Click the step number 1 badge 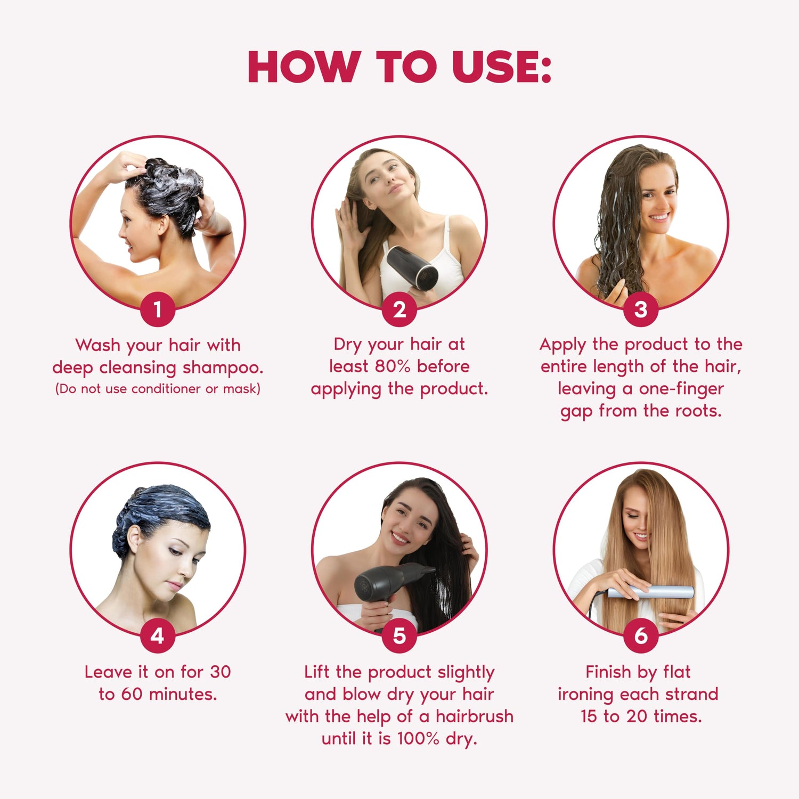(158, 309)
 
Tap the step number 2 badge (399, 309)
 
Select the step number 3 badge (641, 309)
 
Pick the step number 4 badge (158, 635)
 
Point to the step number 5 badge (399, 635)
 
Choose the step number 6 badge (641, 635)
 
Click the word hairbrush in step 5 (475, 716)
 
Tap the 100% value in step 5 (419, 739)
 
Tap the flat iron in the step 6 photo (650, 591)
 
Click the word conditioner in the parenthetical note (166, 389)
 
